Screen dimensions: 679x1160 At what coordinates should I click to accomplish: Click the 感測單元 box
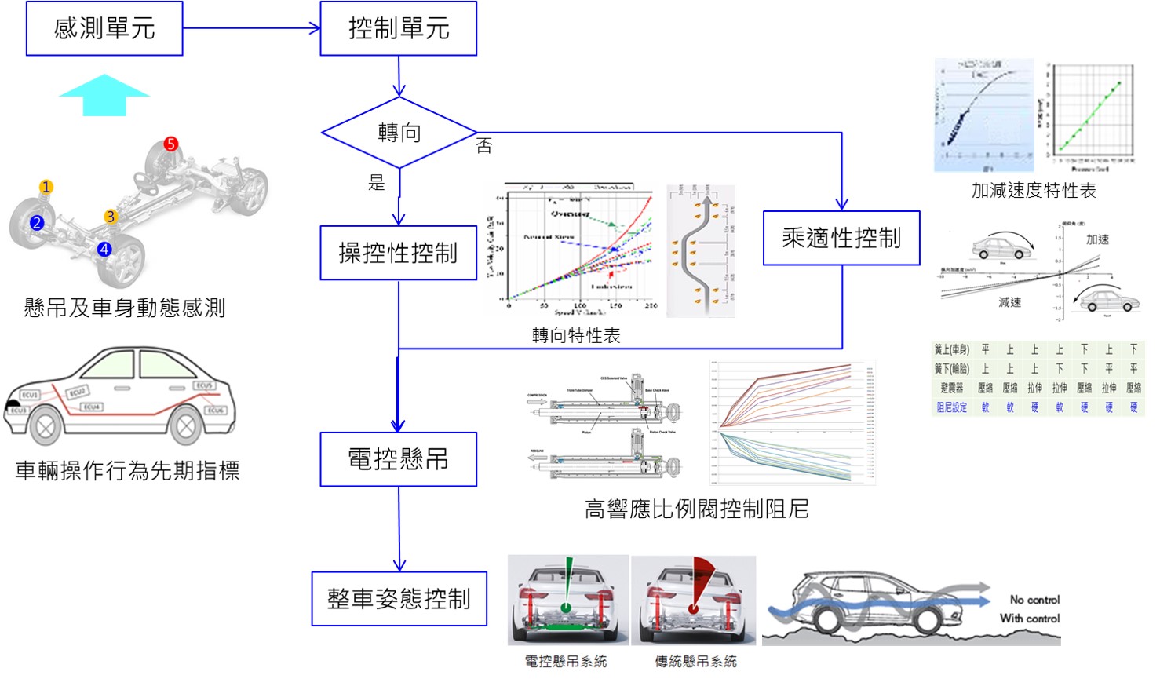coord(104,29)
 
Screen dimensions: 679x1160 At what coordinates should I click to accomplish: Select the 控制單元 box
coord(399,29)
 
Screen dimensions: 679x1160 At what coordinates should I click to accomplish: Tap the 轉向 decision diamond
coord(399,133)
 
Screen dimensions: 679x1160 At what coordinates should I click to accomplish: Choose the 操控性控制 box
coord(399,253)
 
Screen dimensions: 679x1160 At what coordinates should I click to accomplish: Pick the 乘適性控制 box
coord(841,238)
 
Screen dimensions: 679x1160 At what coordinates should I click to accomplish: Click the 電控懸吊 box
coord(399,459)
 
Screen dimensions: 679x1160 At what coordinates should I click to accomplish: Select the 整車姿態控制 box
coord(399,599)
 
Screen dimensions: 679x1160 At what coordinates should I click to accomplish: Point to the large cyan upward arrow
coord(104,95)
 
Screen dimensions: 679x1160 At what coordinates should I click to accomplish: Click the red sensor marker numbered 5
coord(171,144)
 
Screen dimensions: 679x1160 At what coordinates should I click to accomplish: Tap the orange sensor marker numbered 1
coord(46,187)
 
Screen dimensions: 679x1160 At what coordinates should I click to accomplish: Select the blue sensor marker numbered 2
coord(36,223)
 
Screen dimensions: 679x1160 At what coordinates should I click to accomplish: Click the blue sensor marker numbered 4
coord(104,250)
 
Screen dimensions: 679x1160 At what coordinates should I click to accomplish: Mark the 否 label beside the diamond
coord(484,146)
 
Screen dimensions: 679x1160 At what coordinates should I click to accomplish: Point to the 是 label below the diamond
coord(377,183)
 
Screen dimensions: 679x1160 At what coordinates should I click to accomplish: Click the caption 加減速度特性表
coord(1034,190)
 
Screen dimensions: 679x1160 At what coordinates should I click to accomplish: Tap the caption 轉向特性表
coord(576,336)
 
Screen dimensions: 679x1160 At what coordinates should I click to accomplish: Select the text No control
coord(1034,600)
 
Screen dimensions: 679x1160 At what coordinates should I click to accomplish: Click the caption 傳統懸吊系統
coord(695,662)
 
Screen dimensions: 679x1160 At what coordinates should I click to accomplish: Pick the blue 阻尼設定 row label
coord(951,407)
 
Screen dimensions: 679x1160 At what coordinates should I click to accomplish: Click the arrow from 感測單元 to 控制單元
coord(251,29)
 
